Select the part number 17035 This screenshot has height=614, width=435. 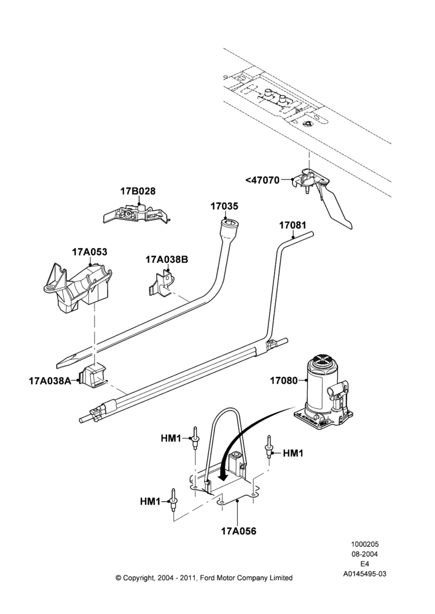click(224, 206)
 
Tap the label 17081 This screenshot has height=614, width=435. click(292, 225)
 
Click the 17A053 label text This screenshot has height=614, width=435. click(89, 252)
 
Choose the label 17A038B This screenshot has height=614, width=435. click(167, 259)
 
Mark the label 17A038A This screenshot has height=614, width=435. click(50, 380)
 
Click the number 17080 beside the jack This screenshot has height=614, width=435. click(284, 380)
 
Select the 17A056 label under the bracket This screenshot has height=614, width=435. click(238, 531)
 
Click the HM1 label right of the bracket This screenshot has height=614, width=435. click(293, 453)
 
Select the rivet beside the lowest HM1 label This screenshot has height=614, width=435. click(173, 500)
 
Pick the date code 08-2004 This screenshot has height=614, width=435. click(364, 554)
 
